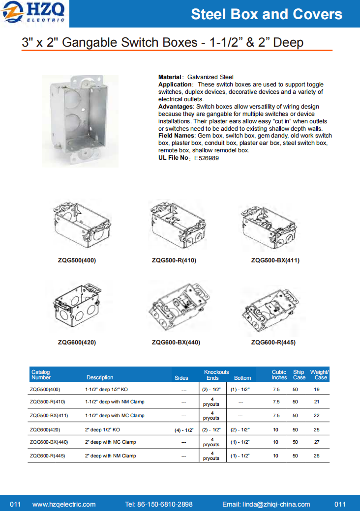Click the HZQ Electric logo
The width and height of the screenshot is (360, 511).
34,13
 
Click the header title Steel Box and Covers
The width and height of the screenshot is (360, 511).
267,14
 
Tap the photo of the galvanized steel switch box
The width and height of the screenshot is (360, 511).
80,121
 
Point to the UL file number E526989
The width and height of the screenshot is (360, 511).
207,158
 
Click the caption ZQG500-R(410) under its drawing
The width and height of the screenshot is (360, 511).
174,260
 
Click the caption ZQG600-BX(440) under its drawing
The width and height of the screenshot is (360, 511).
176,342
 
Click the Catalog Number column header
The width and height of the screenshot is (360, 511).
41,375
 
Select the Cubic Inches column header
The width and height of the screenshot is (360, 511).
279,375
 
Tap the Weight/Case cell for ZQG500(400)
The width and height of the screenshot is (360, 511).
317,389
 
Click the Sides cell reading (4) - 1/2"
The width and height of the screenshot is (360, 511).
184,430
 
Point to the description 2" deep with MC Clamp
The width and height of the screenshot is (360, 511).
111,442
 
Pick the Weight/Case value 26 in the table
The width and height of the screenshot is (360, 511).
317,455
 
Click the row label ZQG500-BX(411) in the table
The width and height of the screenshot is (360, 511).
49,415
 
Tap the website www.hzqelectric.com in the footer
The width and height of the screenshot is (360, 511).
64,504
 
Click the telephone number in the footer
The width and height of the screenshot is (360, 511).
159,504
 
